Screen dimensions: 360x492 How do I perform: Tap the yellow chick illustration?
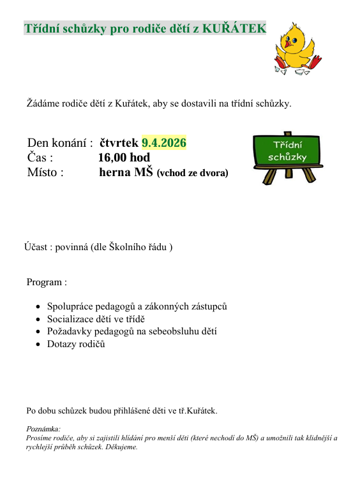coord(296,48)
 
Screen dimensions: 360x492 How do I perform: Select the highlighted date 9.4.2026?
coord(163,143)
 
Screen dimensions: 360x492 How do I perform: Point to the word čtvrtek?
coord(119,143)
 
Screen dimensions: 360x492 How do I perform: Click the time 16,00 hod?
coord(124,158)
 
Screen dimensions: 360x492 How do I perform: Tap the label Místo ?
coord(45,172)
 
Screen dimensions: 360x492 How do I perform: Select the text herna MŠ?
coord(126,172)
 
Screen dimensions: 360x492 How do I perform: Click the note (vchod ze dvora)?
coord(192,173)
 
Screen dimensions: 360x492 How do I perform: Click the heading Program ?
coord(47,282)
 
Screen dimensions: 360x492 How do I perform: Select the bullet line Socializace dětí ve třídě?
coord(96,319)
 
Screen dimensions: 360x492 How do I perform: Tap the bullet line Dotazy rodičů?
coord(76,344)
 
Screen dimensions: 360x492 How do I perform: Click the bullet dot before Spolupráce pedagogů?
coord(38,308)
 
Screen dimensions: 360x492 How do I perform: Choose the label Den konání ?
coord(61,143)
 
